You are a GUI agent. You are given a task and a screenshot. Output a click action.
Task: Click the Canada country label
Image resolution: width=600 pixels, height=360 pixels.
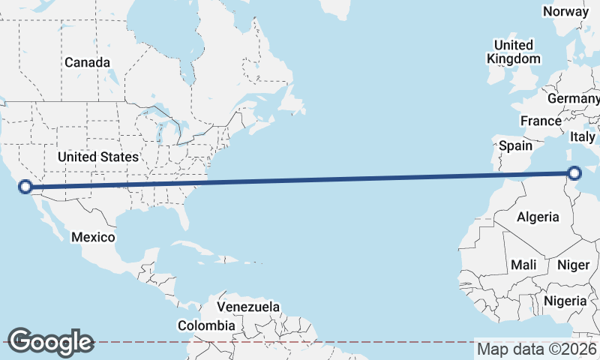click(x=87, y=62)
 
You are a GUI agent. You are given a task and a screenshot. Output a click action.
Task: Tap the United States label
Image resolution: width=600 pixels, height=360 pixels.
click(x=98, y=157)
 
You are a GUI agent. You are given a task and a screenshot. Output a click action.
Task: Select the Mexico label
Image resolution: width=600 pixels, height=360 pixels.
click(x=93, y=237)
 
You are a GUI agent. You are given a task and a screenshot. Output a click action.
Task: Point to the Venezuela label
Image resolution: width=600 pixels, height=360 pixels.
click(x=248, y=307)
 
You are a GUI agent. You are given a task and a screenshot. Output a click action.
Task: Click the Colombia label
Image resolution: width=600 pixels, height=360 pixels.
click(x=206, y=325)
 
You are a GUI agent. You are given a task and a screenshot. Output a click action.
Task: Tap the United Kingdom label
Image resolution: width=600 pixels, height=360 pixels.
click(x=513, y=51)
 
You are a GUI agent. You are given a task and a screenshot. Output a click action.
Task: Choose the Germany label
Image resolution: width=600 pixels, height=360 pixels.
click(x=573, y=99)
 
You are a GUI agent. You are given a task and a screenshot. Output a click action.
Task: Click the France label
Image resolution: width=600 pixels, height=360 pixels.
click(x=541, y=121)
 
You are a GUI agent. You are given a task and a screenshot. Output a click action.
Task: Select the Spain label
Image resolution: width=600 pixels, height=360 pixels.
click(x=515, y=145)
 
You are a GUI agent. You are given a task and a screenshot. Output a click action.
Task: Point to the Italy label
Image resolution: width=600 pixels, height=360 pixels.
click(x=582, y=136)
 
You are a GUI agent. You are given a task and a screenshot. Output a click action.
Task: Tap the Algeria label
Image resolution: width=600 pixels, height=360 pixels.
click(x=538, y=217)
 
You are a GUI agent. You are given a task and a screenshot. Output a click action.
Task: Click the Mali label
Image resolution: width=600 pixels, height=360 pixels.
click(x=523, y=265)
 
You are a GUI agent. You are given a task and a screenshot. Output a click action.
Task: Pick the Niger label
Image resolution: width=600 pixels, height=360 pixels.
click(x=574, y=265)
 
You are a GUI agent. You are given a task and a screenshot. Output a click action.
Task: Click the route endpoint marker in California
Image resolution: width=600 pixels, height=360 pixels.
click(x=25, y=187)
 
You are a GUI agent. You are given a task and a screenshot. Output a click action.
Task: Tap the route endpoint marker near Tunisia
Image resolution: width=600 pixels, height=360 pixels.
click(x=574, y=173)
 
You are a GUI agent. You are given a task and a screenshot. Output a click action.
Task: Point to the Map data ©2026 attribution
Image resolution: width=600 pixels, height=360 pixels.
click(x=536, y=349)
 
